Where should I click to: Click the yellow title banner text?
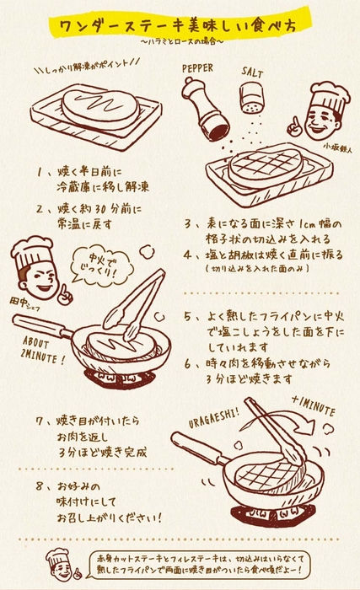pos(180,25)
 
